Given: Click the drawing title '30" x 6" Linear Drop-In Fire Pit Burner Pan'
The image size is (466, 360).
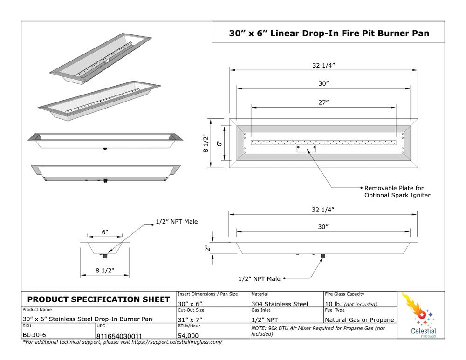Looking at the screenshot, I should click(x=329, y=33).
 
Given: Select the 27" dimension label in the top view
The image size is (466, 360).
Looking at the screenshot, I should click(x=323, y=102).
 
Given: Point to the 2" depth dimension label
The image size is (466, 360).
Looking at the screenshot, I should click(x=208, y=248).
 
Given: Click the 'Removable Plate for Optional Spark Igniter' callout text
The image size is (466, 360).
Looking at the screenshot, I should click(x=397, y=191).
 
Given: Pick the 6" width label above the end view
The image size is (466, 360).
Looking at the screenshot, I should click(x=105, y=232).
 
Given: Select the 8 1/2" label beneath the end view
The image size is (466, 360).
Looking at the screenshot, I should click(x=104, y=271).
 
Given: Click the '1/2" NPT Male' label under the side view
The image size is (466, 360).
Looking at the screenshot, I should click(x=260, y=278).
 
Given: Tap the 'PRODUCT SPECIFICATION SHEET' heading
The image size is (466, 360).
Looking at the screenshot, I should click(x=99, y=299).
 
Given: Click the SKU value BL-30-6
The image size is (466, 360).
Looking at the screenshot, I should click(x=34, y=335).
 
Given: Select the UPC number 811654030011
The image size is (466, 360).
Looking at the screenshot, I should click(x=119, y=335).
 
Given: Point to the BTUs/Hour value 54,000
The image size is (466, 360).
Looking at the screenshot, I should click(x=188, y=335).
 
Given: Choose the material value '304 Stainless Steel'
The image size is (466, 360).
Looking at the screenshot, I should click(x=280, y=304).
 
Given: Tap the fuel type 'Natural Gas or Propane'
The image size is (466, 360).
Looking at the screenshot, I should click(x=359, y=319).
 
